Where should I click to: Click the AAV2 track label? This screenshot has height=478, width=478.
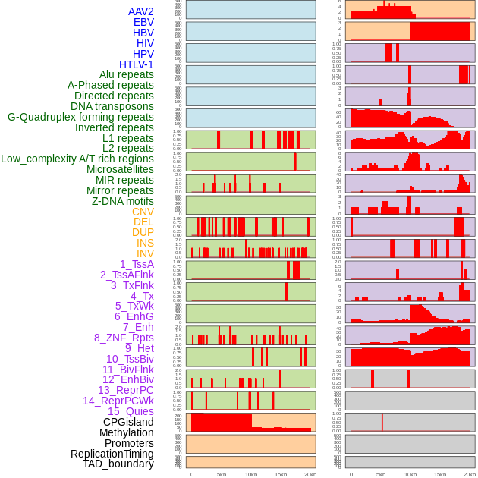pos(141,11)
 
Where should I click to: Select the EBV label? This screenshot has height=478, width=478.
pos(143,22)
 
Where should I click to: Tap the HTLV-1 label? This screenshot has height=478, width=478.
pos(137,64)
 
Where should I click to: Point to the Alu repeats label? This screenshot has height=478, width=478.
pos(127,74)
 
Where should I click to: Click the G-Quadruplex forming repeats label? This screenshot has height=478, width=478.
pos(80,117)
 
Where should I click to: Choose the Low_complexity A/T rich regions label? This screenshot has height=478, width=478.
pos(77,159)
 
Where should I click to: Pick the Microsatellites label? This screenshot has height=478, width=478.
pos(120,169)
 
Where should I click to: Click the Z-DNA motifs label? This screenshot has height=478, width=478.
pos(122,201)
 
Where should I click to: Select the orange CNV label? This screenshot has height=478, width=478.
pos(143,212)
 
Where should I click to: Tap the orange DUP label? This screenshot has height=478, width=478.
pos(143,232)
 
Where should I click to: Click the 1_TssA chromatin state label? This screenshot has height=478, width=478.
pos(137,264)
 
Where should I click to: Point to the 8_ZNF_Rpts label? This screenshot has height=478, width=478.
pos(124,338)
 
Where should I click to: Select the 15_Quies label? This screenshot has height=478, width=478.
pos(129,411)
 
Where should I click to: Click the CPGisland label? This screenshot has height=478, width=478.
pos(128,422)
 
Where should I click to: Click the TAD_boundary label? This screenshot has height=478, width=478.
pos(118,464)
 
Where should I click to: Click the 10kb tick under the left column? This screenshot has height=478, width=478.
pos(250,474)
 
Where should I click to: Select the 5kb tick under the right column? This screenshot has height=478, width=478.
pos(381,474)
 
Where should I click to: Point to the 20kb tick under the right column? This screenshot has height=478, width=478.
pos(470,474)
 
